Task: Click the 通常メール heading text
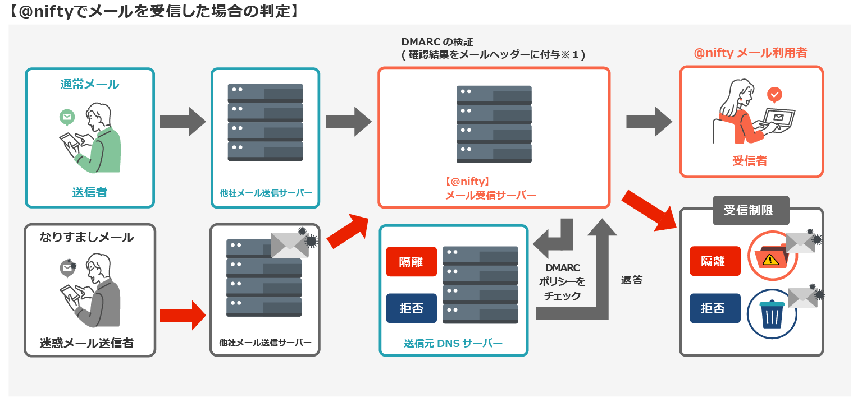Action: [x=89, y=84]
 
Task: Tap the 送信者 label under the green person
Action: [x=89, y=192]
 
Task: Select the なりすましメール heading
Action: [x=86, y=237]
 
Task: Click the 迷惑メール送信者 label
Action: [x=86, y=343]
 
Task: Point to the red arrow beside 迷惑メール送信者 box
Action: [x=183, y=315]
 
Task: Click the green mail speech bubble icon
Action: [x=67, y=117]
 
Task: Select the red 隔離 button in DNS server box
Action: [x=411, y=261]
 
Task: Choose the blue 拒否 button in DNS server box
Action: [x=411, y=308]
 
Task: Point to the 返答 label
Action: [x=632, y=280]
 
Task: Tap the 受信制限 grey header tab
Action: [x=751, y=210]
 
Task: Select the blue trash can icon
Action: [x=773, y=314]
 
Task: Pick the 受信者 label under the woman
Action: [x=750, y=161]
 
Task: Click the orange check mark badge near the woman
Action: [x=774, y=95]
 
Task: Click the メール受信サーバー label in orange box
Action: [x=490, y=195]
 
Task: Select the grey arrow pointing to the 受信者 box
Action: [x=649, y=121]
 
